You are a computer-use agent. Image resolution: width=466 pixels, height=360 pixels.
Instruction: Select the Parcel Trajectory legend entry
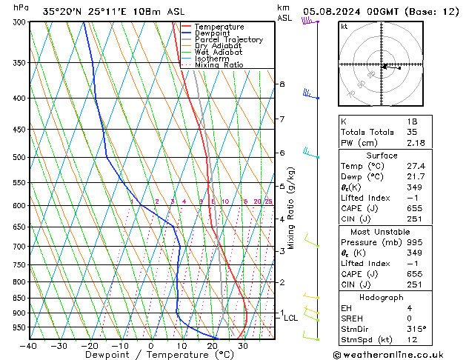click(x=228, y=40)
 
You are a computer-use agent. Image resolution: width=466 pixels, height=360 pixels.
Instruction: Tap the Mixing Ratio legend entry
click(x=219, y=65)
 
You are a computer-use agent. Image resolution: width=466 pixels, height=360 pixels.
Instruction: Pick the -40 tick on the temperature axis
click(x=29, y=346)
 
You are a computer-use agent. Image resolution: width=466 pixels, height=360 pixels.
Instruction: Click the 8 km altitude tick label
click(x=282, y=84)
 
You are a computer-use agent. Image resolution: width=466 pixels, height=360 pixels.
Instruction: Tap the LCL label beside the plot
click(x=291, y=319)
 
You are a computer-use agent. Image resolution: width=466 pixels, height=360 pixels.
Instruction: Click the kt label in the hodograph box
click(x=344, y=27)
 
